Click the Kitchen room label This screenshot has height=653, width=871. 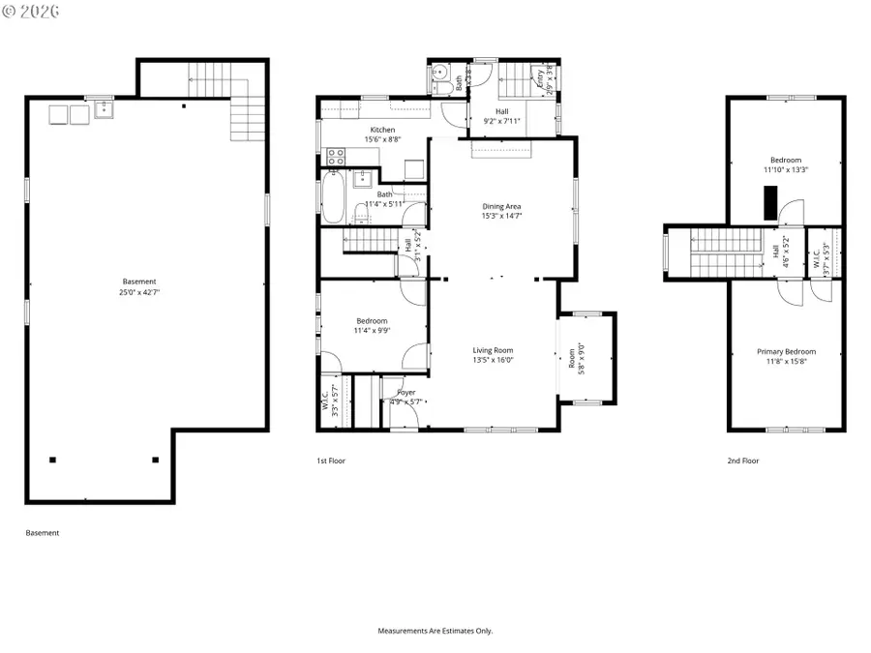[x=382, y=130]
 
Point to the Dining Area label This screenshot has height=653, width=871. [x=502, y=206]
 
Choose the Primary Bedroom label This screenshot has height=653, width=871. [x=786, y=352]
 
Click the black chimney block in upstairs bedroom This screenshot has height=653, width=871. [x=769, y=204]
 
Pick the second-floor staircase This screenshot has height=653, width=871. [x=727, y=252]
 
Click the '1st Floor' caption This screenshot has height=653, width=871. [x=331, y=461]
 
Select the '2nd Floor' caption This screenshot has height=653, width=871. [x=743, y=461]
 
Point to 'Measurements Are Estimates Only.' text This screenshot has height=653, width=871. [x=435, y=630]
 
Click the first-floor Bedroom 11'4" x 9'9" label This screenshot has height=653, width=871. [x=373, y=326]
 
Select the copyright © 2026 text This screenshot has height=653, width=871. [x=32, y=11]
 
